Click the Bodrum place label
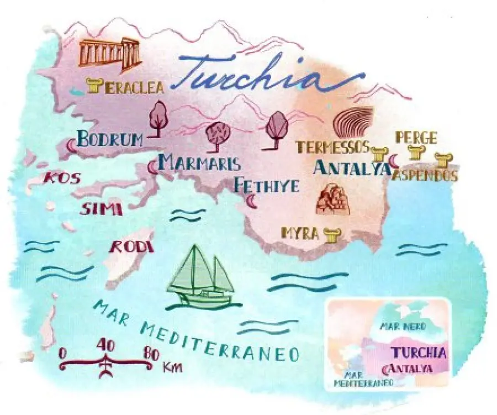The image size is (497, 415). point(110,139)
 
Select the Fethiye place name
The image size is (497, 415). point(267,186)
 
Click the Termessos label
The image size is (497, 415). point(332,147)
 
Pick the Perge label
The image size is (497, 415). point(416,138)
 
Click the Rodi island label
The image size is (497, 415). point(131,247)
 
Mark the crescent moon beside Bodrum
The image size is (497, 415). point(71,146)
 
